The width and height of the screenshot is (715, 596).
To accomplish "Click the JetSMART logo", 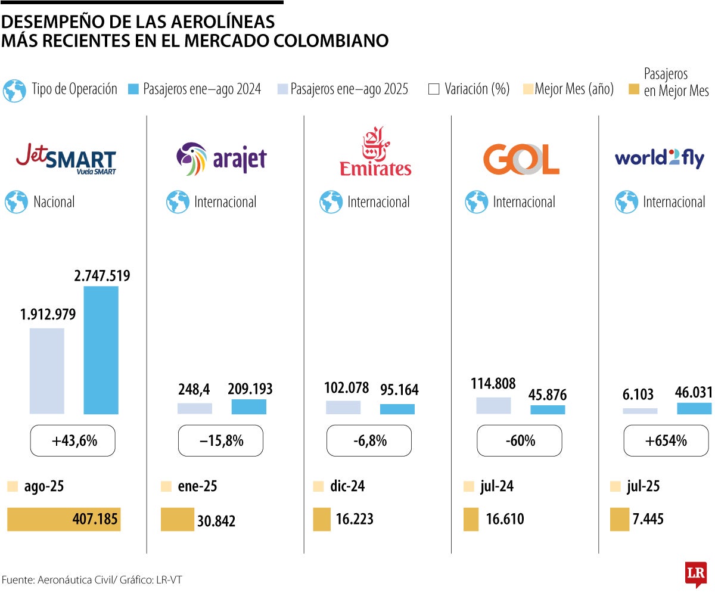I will tap(66, 158).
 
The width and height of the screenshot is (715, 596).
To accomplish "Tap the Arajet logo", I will tap(221, 159).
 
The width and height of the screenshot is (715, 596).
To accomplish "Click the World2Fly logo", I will tap(659, 159).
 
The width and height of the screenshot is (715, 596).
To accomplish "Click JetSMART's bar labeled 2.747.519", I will tap(101, 350).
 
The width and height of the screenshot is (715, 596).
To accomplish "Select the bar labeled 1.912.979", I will tap(47, 371).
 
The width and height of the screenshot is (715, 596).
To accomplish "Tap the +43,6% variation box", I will tap(73, 441).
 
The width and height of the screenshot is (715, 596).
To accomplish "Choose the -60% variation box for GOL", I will tap(519, 441).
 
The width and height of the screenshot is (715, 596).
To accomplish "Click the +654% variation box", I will tap(666, 441).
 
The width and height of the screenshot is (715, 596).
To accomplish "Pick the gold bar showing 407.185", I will tap(64, 519).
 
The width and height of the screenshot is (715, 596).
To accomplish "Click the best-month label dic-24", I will tap(347, 486).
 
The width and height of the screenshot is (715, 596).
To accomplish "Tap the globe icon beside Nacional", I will tap(16, 202).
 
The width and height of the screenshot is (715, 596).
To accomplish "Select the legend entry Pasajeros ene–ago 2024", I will tap(195, 89).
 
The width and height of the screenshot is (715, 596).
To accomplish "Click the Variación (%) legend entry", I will tap(469, 89).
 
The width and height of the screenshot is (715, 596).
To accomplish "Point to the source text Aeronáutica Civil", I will tap(70, 579).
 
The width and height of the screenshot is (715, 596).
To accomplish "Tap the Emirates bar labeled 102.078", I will tap(343, 407).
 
